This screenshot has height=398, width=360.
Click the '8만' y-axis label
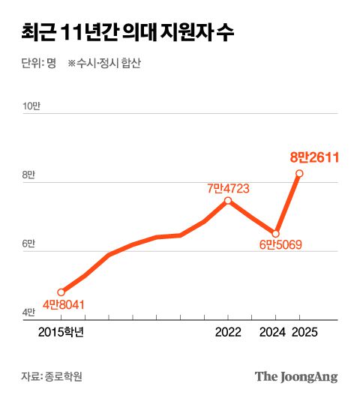28,175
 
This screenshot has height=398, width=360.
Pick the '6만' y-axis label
28,244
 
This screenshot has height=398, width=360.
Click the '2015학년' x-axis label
61,332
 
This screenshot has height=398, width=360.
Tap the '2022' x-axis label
228,332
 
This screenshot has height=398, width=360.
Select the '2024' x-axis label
275,332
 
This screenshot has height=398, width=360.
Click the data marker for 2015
61,292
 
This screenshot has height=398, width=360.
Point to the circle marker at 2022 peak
228,200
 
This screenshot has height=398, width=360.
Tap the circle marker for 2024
276,233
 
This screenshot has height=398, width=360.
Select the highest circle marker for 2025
300,174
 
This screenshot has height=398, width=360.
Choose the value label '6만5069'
280,246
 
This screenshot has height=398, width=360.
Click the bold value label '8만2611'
316,157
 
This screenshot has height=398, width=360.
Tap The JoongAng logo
296,376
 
